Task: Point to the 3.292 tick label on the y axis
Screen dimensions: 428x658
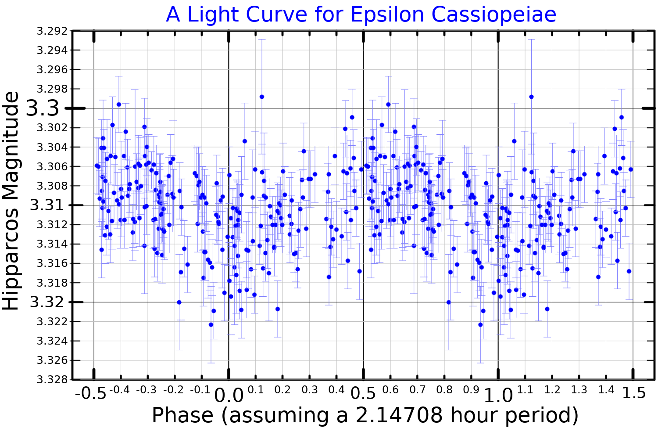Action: pos(52,31)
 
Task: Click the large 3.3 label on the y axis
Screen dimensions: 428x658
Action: pos(42,108)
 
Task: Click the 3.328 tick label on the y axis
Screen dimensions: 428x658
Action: pos(52,379)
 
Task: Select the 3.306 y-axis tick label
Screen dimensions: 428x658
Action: pos(52,166)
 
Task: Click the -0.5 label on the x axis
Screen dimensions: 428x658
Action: pos(90,393)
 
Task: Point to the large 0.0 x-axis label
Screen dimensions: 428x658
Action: pos(229,396)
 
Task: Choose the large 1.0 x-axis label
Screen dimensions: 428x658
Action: pos(498,396)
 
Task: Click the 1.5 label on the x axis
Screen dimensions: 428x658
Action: pos(634,393)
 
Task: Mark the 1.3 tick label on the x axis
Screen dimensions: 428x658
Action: pos(579,390)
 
